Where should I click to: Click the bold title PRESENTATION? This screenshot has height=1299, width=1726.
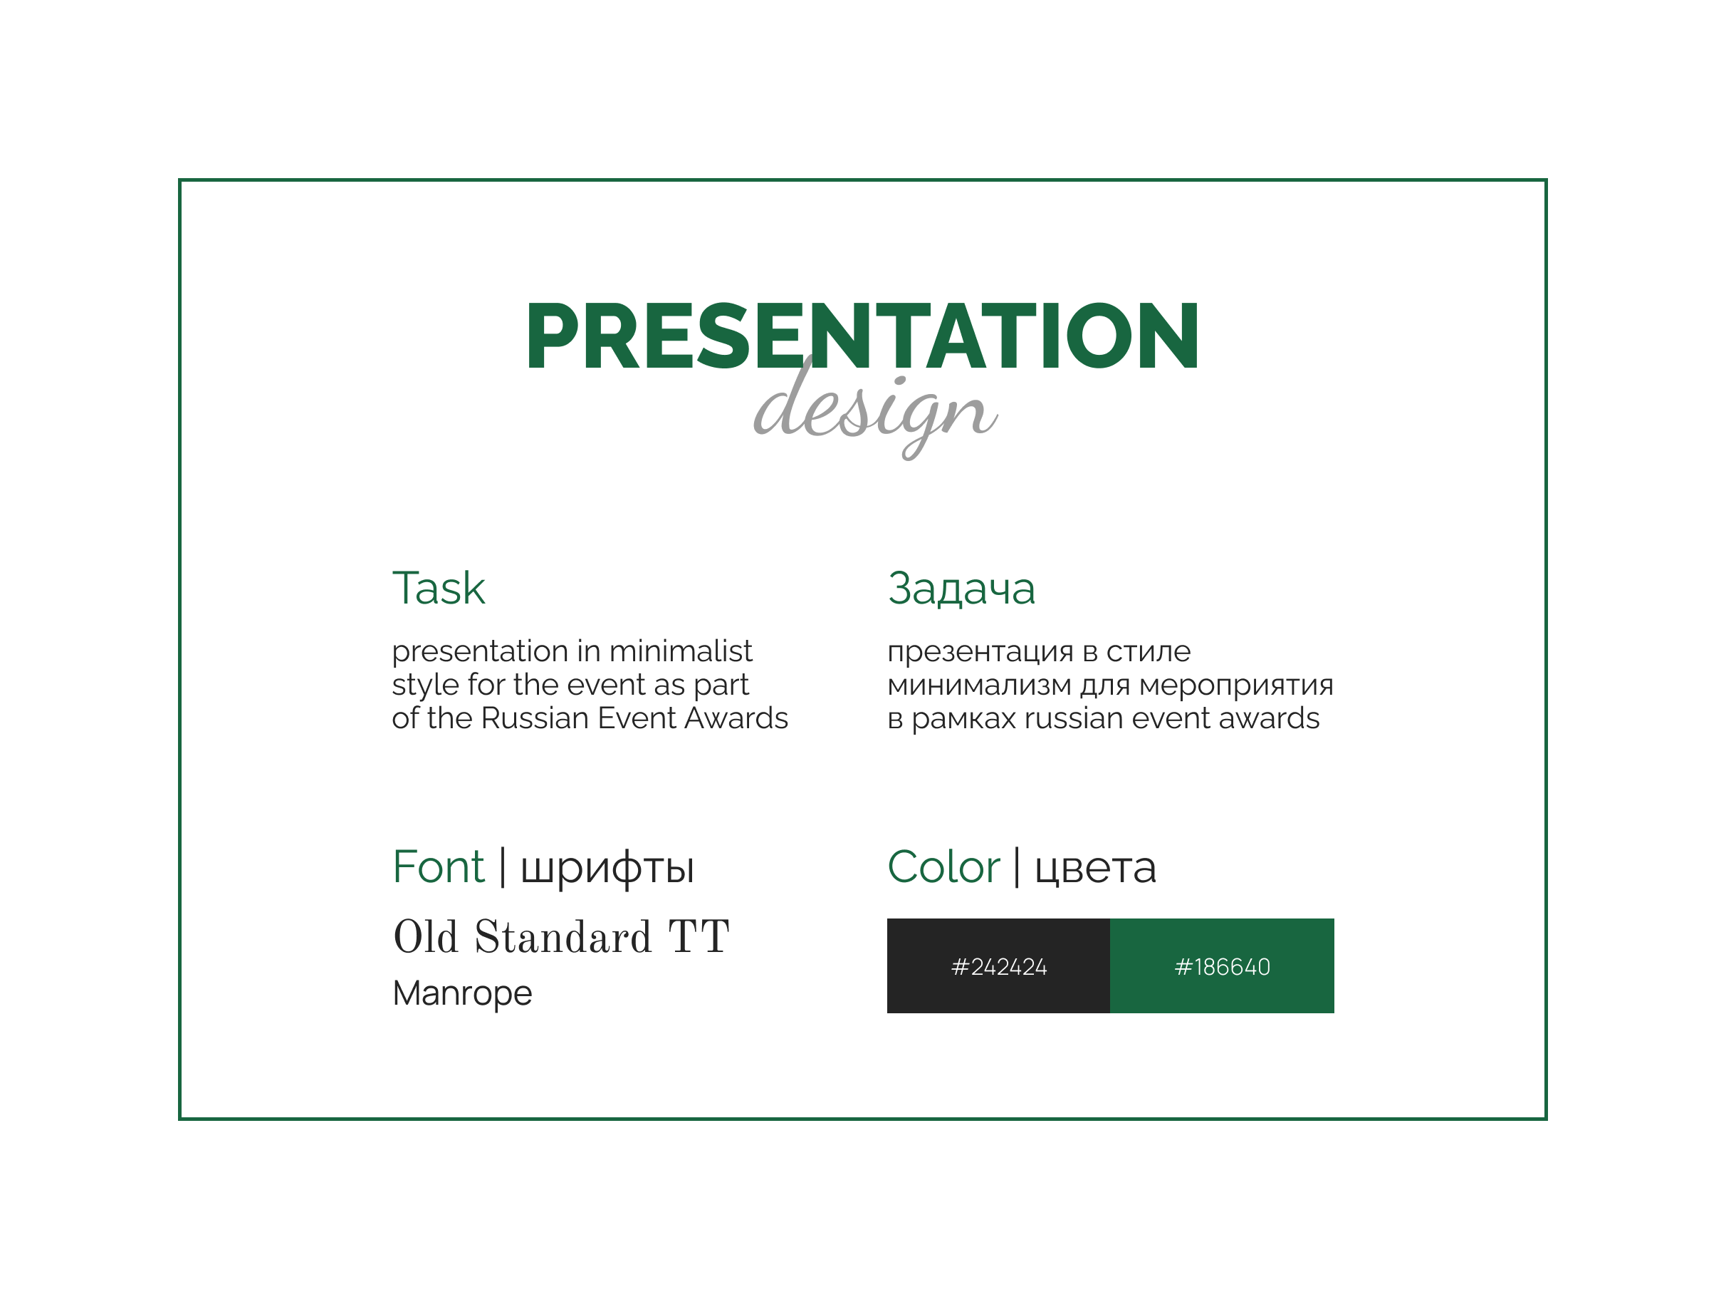tap(862, 336)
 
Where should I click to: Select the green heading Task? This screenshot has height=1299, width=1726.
tap(438, 589)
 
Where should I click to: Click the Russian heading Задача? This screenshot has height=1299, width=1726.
tap(961, 589)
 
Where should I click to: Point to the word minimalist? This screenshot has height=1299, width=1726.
tap(681, 651)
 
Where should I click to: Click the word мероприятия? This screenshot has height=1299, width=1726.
tap(1236, 685)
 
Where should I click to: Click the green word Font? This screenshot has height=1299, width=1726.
tap(438, 867)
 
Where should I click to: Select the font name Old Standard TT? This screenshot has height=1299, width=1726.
tap(561, 937)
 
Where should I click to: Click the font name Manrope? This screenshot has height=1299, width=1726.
tap(462, 994)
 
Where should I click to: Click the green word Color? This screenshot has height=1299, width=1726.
tap(943, 867)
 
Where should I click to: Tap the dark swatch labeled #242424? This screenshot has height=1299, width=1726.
tap(998, 966)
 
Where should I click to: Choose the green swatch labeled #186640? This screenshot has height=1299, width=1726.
tap(1222, 966)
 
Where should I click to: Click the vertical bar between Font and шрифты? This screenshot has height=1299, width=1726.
tap(503, 867)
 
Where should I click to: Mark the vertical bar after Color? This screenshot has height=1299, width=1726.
tap(1017, 867)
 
